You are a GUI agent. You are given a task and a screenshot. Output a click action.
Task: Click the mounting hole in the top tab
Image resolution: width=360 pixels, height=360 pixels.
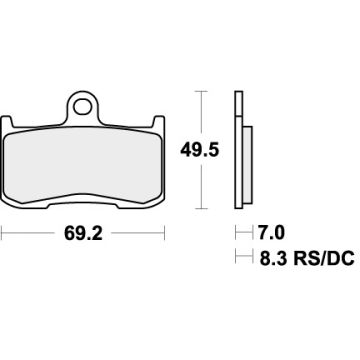83,103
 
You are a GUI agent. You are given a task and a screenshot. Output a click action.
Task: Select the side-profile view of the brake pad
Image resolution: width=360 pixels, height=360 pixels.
240,150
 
